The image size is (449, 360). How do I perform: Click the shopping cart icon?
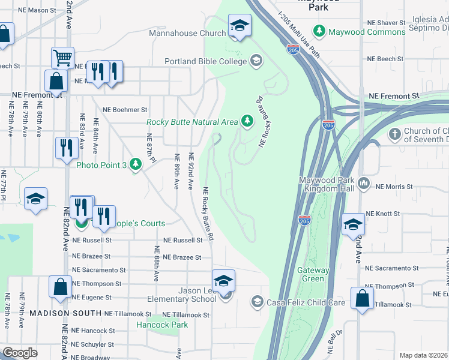pos(62,58)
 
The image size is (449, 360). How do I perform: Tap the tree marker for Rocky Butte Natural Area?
pos(247,121)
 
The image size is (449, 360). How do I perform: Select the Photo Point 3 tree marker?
pos(136,164)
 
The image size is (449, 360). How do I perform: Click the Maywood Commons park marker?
pos(319,31)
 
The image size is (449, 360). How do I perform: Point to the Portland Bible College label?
pos(206,61)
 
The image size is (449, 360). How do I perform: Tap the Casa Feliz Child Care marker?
pos(258,301)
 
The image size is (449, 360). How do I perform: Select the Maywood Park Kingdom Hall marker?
pos(363,182)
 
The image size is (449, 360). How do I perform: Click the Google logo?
pos(20,353)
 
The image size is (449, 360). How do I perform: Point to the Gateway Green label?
pos(313,275)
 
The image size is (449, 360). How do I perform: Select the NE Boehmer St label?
pos(125,110)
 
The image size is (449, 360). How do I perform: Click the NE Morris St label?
pos(394,187)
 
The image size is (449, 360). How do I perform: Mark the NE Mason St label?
pos(37,10)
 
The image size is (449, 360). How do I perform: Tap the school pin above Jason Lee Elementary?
pos(223,280)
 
